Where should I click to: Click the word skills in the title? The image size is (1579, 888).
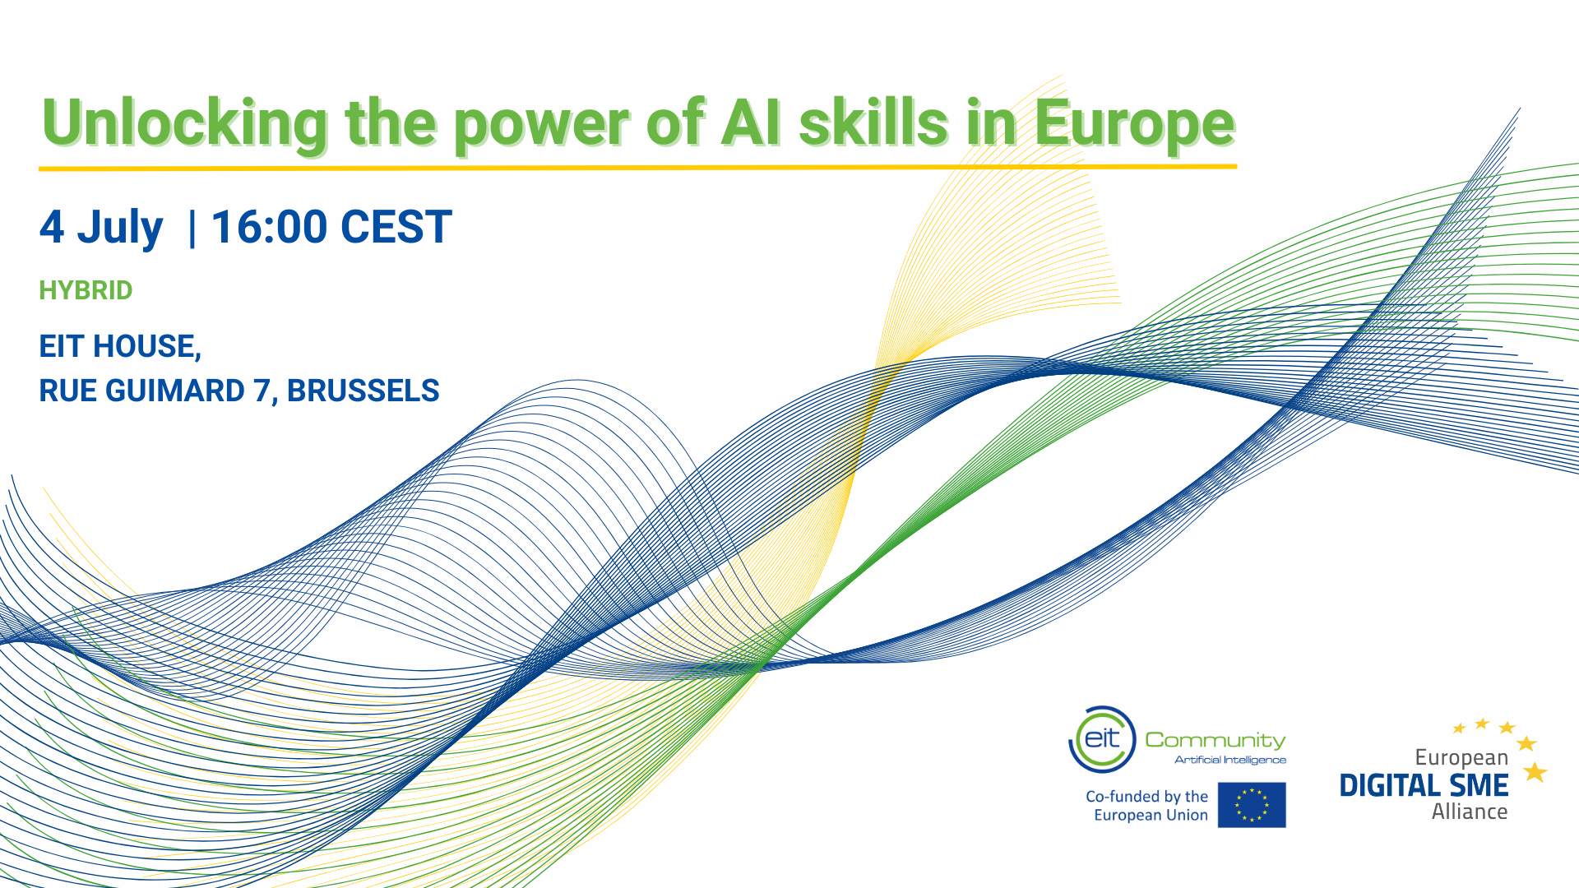click(874, 123)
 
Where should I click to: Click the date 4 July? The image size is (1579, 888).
click(101, 228)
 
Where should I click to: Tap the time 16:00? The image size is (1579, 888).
click(269, 227)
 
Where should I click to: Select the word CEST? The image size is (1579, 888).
click(396, 227)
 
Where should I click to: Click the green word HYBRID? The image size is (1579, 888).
click(86, 290)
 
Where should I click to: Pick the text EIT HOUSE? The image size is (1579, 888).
click(120, 347)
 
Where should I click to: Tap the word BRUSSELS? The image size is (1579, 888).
click(363, 391)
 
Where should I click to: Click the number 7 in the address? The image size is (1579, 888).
click(262, 391)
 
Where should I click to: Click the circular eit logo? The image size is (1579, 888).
click(1102, 739)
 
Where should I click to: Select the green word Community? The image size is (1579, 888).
click(1216, 741)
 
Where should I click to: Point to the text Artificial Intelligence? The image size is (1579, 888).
click(1230, 760)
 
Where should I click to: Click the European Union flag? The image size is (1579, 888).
click(1252, 805)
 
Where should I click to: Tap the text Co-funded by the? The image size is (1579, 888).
click(1146, 796)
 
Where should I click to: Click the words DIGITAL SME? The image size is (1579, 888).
click(1424, 785)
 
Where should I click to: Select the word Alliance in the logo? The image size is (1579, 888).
click(1470, 812)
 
